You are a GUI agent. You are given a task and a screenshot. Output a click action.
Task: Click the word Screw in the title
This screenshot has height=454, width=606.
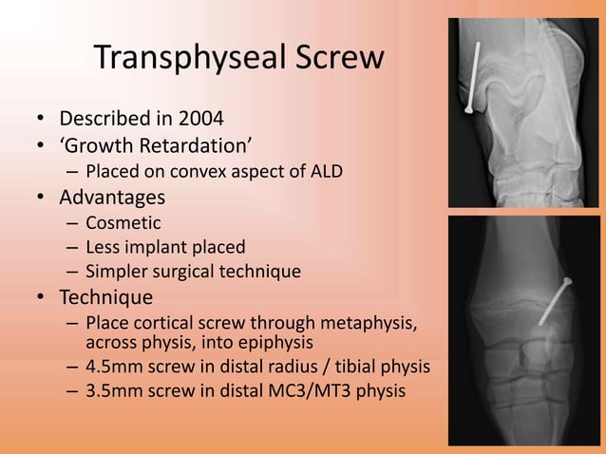[x=329, y=59]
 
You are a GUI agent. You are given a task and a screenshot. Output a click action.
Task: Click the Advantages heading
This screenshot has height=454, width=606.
[x=112, y=198]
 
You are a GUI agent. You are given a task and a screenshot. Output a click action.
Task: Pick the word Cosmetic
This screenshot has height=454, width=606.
[x=123, y=223]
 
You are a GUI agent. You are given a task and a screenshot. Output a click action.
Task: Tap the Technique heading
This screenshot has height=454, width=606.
[x=105, y=297]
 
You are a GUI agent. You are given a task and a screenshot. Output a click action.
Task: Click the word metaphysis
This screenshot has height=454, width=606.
[x=368, y=323]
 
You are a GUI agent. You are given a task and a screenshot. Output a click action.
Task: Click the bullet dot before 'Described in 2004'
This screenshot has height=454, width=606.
[x=41, y=122]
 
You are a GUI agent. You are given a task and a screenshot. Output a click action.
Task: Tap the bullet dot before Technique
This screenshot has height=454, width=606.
[x=41, y=298]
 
